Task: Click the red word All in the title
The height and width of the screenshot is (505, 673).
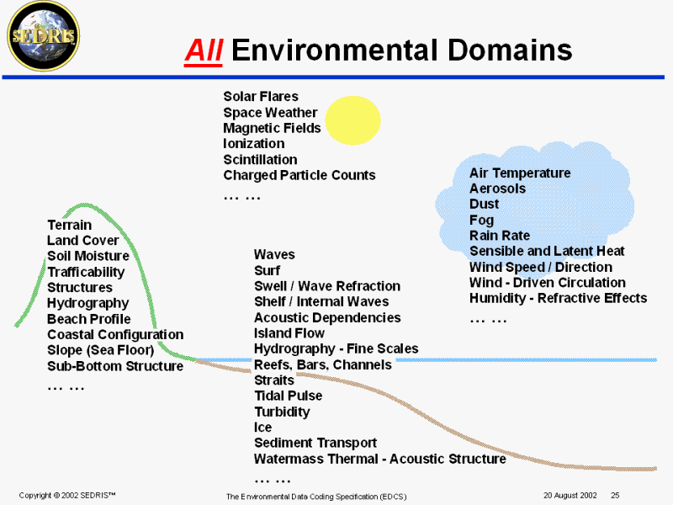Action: coord(204,50)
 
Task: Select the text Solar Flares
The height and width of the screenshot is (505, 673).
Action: coord(261,97)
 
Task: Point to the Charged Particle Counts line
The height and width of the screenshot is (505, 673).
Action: coord(299,175)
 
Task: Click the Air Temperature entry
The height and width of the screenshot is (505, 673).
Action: coord(519,173)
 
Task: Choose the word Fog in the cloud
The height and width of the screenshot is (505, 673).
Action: coord(481,220)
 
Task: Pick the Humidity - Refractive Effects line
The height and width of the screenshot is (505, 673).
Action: coord(558,298)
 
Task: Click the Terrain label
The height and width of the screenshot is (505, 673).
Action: coord(69,225)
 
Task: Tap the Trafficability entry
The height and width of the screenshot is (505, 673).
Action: coord(85,272)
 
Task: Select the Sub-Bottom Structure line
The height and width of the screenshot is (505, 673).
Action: coord(114,366)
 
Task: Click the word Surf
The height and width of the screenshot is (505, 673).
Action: coord(267,270)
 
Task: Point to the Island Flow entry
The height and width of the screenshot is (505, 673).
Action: coord(289,332)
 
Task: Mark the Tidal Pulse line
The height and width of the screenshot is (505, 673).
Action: coord(288,396)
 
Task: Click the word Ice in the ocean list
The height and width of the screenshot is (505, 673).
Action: coord(262,427)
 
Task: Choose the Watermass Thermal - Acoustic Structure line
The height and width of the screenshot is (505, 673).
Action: coord(379,459)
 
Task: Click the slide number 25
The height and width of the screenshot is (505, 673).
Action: coord(615,495)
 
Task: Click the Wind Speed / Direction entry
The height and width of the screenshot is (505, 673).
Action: coord(540,267)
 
